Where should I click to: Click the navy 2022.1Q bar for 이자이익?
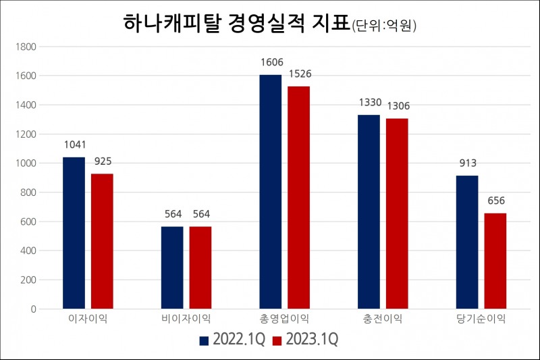coord(74,233)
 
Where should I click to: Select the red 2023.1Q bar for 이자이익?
coord(102,241)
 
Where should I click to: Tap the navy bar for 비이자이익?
coord(172,267)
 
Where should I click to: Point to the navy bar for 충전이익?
coord(369,211)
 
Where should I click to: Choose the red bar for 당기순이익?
coord(495,261)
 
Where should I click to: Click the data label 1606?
coord(271,63)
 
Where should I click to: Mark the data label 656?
coord(495,201)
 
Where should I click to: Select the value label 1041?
coord(74,145)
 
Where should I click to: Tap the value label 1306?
coord(397,106)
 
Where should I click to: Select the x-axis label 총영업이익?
coord(284,319)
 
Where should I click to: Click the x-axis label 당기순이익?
coord(481,319)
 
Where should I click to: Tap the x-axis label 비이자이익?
coord(186,319)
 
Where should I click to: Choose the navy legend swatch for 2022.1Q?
coord(205,340)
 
